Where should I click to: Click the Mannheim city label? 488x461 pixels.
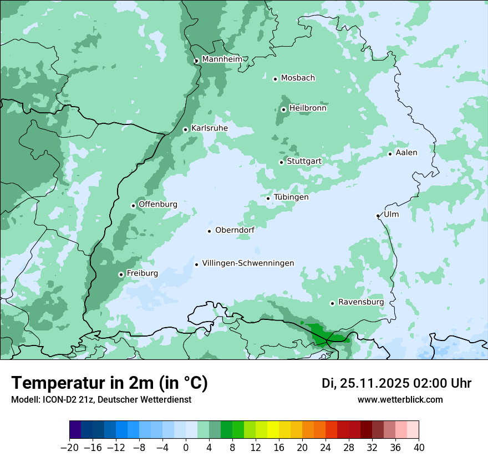pyautogui.click(x=222, y=59)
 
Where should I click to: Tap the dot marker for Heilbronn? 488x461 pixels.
pyautogui.click(x=283, y=109)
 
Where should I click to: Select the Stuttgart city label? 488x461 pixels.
pyautogui.click(x=304, y=162)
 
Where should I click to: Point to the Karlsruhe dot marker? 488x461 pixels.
pyautogui.click(x=186, y=130)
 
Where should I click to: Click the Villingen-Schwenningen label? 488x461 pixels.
pyautogui.click(x=248, y=263)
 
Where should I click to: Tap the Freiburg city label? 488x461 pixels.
pyautogui.click(x=142, y=273)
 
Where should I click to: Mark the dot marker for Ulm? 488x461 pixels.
pyautogui.click(x=378, y=216)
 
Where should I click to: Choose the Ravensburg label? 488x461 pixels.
pyautogui.click(x=360, y=302)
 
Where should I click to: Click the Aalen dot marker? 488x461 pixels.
pyautogui.click(x=390, y=154)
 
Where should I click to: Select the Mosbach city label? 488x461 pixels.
pyautogui.click(x=298, y=78)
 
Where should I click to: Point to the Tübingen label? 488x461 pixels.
pyautogui.click(x=291, y=197)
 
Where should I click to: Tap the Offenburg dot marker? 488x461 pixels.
pyautogui.click(x=133, y=206)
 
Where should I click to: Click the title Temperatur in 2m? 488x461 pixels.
pyautogui.click(x=109, y=383)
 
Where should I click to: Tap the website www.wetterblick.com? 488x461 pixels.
pyautogui.click(x=400, y=399)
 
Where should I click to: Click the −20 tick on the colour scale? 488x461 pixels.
pyautogui.click(x=69, y=448)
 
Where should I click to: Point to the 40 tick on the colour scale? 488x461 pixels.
pyautogui.click(x=419, y=448)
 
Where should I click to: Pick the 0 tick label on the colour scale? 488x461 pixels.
pyautogui.click(x=186, y=448)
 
